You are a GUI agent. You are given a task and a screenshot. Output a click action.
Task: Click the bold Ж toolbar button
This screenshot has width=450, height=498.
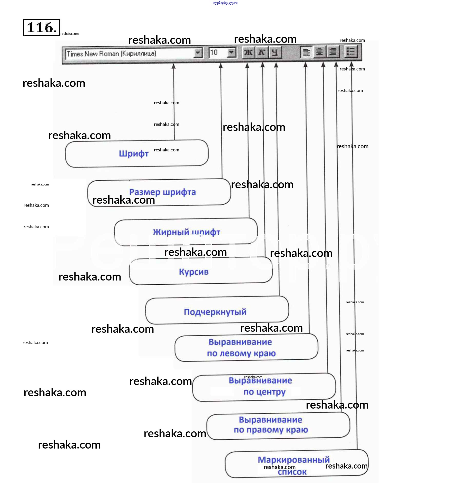coord(248,53)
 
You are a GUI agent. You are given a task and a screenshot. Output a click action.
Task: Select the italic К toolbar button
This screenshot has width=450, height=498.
coord(262,53)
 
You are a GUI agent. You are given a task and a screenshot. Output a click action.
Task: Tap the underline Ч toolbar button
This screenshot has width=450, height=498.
coord(275,53)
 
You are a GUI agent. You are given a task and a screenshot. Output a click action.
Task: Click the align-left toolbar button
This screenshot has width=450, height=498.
coord(306,52)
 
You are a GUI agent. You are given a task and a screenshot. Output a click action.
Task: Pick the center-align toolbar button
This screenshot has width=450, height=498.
coord(319,52)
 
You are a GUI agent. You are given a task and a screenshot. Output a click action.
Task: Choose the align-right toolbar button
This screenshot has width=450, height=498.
coord(333,52)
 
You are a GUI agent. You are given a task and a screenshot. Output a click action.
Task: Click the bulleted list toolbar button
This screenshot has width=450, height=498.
coord(350,51)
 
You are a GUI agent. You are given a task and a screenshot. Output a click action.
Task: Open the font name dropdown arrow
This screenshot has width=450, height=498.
coord(198,53)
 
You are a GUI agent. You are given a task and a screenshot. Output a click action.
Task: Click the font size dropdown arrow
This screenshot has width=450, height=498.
coord(231,53)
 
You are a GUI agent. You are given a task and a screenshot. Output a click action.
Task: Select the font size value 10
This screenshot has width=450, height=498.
coord(214,53)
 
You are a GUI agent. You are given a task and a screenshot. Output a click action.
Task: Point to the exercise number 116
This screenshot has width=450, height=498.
coord(41,27)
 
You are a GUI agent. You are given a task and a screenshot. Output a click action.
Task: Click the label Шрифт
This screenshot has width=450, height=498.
coord(134,154)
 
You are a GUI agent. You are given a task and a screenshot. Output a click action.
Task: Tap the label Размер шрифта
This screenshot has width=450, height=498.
coord(162,192)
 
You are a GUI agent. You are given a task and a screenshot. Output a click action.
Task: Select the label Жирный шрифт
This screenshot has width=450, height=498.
coord(187,232)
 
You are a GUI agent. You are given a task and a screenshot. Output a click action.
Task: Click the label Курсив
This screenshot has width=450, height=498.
coord(194,272)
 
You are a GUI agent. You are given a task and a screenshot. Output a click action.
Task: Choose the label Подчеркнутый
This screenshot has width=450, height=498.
coord(215,312)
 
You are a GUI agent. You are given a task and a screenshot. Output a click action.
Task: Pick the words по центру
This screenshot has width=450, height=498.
coord(264,392)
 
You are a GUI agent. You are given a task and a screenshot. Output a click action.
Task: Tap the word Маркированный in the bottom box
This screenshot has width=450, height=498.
coord(294,460)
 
